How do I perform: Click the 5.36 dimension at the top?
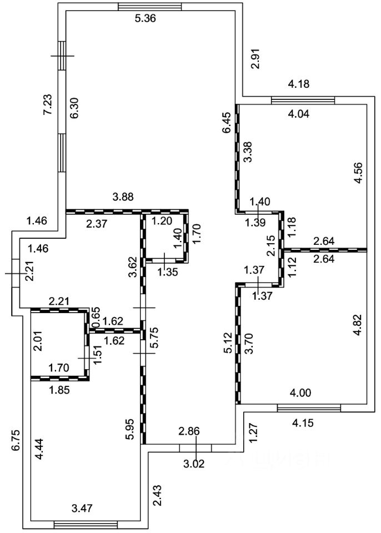pos(146,18)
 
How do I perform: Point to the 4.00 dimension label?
pos(300,393)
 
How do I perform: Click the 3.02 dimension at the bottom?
pos(194,463)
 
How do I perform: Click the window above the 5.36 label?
pos(150,7)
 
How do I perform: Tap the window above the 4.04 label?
pos(303,100)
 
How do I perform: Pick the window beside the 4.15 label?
pos(308,409)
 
